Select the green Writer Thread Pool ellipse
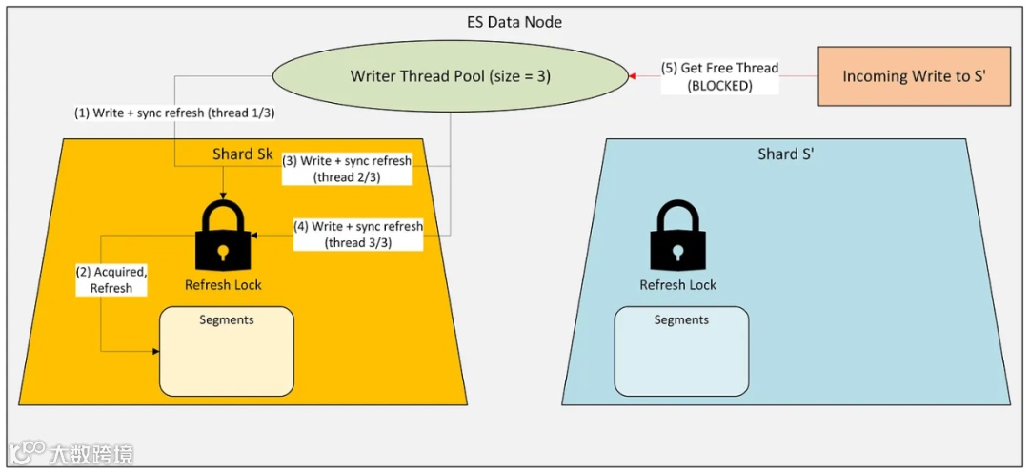(x=451, y=76)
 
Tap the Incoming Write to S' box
(x=914, y=76)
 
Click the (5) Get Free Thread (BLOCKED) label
(x=719, y=76)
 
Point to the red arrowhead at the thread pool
(x=630, y=75)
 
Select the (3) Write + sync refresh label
(x=347, y=169)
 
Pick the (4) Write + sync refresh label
(x=358, y=235)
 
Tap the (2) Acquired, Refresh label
(x=111, y=279)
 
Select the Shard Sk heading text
(x=242, y=154)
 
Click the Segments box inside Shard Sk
(x=227, y=351)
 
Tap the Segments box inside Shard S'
(x=681, y=351)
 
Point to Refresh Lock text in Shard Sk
(x=223, y=284)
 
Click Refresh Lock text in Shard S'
(x=677, y=284)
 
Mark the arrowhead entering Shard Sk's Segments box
(x=155, y=352)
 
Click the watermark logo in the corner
(x=29, y=453)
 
